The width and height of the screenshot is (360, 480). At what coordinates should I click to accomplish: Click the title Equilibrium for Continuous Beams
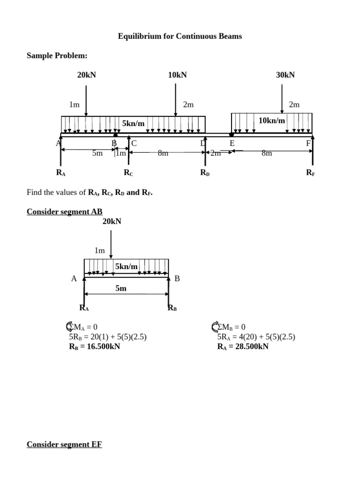coord(180,36)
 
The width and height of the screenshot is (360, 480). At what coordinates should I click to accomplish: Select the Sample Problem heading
coord(57,56)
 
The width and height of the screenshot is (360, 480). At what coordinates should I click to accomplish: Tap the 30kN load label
coord(285,75)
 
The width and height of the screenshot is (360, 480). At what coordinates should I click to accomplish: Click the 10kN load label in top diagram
coord(177,75)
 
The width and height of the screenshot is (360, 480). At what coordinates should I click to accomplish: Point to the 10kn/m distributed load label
coord(272,121)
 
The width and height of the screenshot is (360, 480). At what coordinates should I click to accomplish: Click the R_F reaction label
coord(310,172)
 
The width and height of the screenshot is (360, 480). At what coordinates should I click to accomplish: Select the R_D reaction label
coord(205,172)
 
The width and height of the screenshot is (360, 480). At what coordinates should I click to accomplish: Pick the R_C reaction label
coord(128,172)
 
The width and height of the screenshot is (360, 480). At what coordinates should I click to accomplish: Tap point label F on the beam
coord(308,143)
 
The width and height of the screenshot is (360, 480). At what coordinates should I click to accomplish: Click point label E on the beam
coord(232,143)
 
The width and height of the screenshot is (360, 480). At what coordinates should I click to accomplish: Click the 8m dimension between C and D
coord(163,153)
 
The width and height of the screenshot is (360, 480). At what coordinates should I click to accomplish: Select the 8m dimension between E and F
coord(266,153)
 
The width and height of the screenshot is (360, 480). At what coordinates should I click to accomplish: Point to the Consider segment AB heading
coord(64,211)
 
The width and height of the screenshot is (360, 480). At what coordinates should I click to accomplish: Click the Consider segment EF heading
coord(64,444)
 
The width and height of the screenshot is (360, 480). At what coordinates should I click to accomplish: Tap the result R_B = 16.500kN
coord(94,347)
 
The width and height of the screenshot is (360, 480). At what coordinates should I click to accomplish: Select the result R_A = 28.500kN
coord(243,347)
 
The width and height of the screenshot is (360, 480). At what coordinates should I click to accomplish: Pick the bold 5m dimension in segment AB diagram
coord(121,289)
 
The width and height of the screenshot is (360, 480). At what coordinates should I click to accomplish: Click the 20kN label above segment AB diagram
coord(112,221)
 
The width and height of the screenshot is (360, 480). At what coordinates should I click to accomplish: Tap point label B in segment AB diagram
coord(177,279)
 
